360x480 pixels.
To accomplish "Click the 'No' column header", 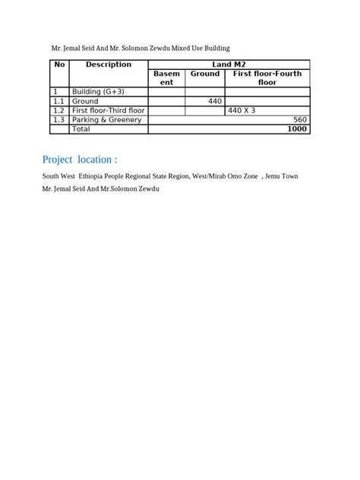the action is (59, 65).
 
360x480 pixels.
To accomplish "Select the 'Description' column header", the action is (108, 65).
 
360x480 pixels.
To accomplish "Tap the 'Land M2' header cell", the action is (229, 65).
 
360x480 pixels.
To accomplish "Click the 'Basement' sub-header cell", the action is (166, 78).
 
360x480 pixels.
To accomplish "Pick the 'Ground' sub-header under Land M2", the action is (204, 74).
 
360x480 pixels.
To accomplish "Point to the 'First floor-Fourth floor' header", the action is (267, 78).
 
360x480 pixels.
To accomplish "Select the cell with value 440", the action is (214, 101).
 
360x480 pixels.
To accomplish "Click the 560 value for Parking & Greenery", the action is (299, 120).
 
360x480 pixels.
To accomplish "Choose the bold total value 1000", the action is (297, 129).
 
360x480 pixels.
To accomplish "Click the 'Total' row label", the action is (81, 129).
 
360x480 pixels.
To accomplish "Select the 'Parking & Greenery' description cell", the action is (106, 120).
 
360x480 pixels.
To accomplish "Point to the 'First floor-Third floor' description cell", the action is (108, 111).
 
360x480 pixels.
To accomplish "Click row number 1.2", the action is (58, 111).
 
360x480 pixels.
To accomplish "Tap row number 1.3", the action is (58, 120).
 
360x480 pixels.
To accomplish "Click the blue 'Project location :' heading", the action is (80, 160).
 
